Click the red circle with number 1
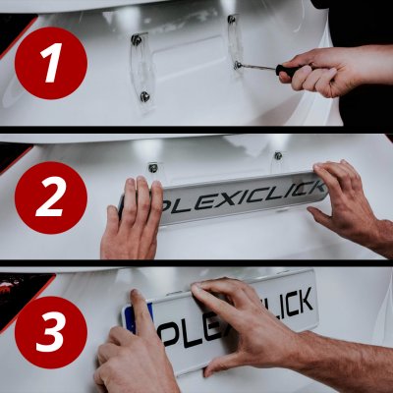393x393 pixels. coord(51,63)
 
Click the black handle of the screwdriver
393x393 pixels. coord(293,70)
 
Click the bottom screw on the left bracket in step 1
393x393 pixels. coord(145,96)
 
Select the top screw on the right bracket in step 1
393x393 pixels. coord(232,20)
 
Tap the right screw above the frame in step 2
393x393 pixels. coord(278,155)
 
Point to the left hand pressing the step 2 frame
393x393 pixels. coord(134,221)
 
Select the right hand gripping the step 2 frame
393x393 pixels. coord(349,201)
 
